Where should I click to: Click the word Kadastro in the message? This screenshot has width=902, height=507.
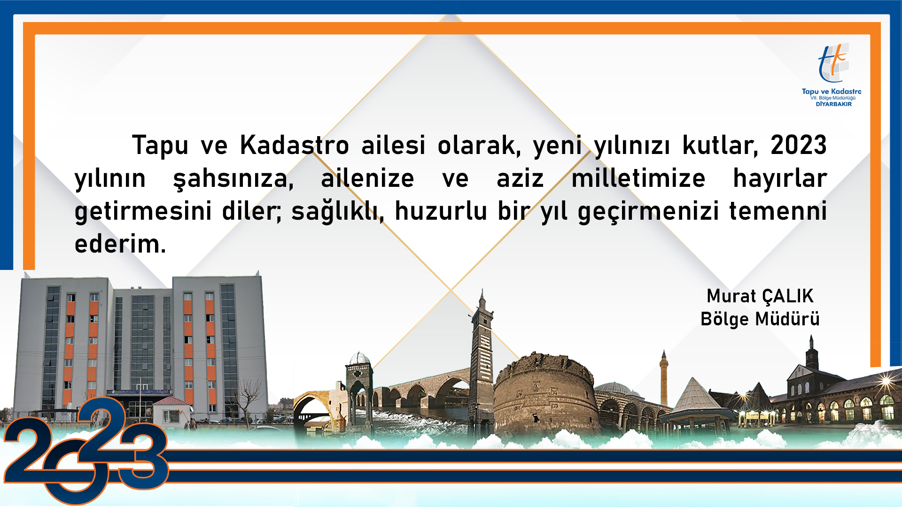coord(295,145)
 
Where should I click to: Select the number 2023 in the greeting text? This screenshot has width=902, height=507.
coord(799,145)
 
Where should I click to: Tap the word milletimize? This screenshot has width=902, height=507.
coord(638,178)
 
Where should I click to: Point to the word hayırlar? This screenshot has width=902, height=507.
coord(780,179)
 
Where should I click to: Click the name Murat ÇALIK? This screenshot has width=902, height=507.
coord(760,296)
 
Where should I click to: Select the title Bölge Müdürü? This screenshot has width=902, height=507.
coord(760,319)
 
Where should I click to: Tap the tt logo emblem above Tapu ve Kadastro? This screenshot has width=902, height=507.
coord(832,63)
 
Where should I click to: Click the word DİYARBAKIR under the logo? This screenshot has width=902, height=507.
coord(833,104)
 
